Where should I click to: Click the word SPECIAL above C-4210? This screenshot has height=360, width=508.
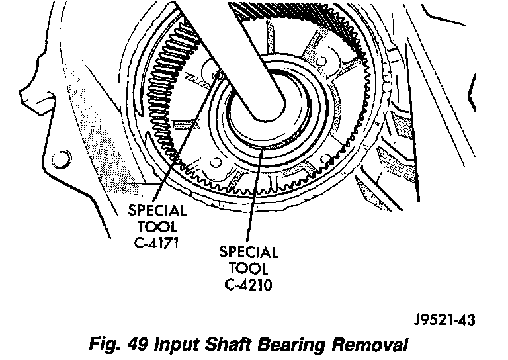click(249, 253)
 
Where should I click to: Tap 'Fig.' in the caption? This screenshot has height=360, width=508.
click(105, 345)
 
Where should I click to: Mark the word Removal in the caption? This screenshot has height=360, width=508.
click(364, 345)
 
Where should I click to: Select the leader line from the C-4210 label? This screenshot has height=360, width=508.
click(255, 199)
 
